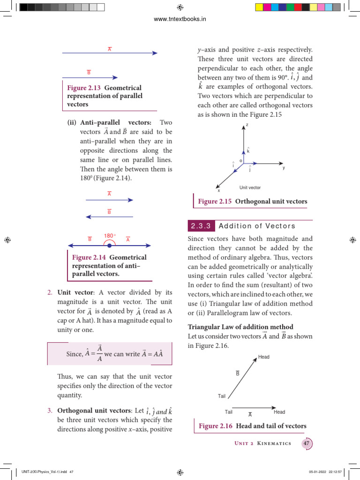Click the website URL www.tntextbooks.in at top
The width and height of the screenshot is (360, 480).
point(180,19)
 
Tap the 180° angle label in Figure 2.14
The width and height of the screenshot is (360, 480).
point(110,236)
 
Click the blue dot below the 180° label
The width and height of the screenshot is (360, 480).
point(109,245)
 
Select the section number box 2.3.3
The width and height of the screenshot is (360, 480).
point(201,226)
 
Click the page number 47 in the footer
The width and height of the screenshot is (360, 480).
point(307,443)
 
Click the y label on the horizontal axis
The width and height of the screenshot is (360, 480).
point(283,167)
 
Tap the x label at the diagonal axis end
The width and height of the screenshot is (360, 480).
point(218,190)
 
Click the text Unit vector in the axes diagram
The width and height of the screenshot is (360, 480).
point(250,187)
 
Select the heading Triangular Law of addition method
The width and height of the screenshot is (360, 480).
point(240,327)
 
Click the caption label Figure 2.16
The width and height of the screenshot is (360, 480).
point(215,426)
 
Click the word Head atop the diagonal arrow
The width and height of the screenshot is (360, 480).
point(264,357)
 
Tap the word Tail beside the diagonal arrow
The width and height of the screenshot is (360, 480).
point(222,396)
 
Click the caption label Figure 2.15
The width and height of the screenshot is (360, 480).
point(215,202)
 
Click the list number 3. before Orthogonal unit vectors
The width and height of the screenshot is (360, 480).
point(50,411)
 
